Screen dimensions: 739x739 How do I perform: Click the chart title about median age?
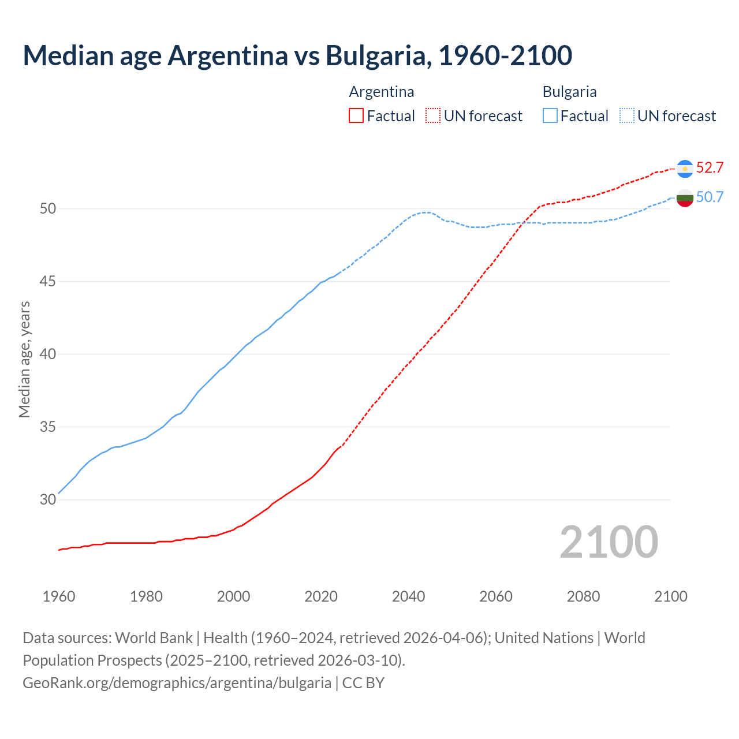pyautogui.click(x=297, y=55)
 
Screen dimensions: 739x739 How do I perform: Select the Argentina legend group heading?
pyautogui.click(x=382, y=92)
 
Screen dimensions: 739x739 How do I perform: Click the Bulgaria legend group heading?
pyautogui.click(x=569, y=92)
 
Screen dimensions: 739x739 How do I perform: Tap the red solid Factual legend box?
pyautogui.click(x=356, y=116)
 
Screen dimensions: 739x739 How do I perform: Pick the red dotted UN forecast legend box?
pyautogui.click(x=433, y=116)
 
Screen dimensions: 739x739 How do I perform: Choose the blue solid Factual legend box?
pyautogui.click(x=550, y=116)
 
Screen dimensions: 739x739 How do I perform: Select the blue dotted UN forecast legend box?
pyautogui.click(x=627, y=116)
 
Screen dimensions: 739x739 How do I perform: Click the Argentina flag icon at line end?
pyautogui.click(x=685, y=168)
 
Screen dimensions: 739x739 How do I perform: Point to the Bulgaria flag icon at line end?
pyautogui.click(x=685, y=197)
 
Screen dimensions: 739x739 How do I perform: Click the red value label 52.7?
pyautogui.click(x=710, y=168)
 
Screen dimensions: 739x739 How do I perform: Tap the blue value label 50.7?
pyautogui.click(x=710, y=197)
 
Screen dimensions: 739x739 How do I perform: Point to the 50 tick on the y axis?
pyautogui.click(x=48, y=208)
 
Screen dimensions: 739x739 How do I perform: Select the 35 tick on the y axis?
pyautogui.click(x=48, y=427)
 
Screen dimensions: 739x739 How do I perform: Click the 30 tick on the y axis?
pyautogui.click(x=48, y=500)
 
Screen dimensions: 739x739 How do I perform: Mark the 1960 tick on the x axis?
pyautogui.click(x=59, y=596)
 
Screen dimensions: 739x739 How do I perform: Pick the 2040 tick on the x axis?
pyautogui.click(x=409, y=596)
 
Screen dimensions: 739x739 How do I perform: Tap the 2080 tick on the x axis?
pyautogui.click(x=583, y=596)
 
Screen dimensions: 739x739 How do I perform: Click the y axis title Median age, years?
pyautogui.click(x=24, y=359)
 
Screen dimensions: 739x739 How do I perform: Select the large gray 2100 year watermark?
pyautogui.click(x=609, y=542)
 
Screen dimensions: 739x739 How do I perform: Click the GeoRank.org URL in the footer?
pyautogui.click(x=177, y=683)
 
